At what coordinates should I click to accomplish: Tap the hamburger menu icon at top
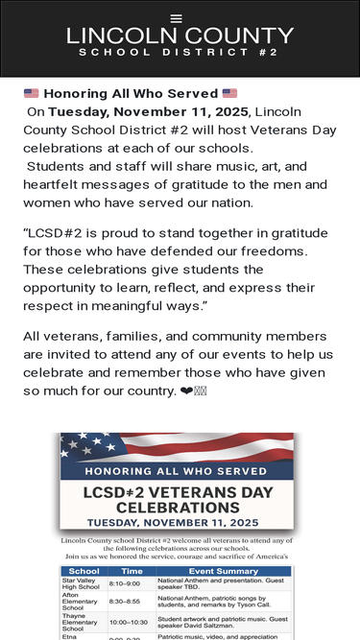[x=176, y=18]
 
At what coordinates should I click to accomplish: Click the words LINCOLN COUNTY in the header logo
[x=180, y=36]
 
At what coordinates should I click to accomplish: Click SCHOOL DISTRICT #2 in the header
[x=180, y=53]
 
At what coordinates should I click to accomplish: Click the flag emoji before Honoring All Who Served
[x=32, y=94]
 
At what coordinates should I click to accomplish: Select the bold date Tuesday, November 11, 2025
[x=148, y=111]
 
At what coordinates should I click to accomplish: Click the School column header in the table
[x=84, y=571]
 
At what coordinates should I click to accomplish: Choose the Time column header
[x=132, y=571]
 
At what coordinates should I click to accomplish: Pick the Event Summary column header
[x=223, y=571]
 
